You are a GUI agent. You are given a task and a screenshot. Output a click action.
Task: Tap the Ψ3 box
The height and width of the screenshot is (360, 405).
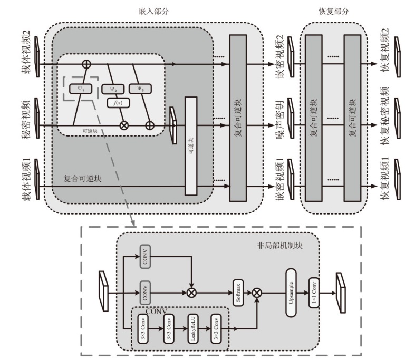click(140, 88)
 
